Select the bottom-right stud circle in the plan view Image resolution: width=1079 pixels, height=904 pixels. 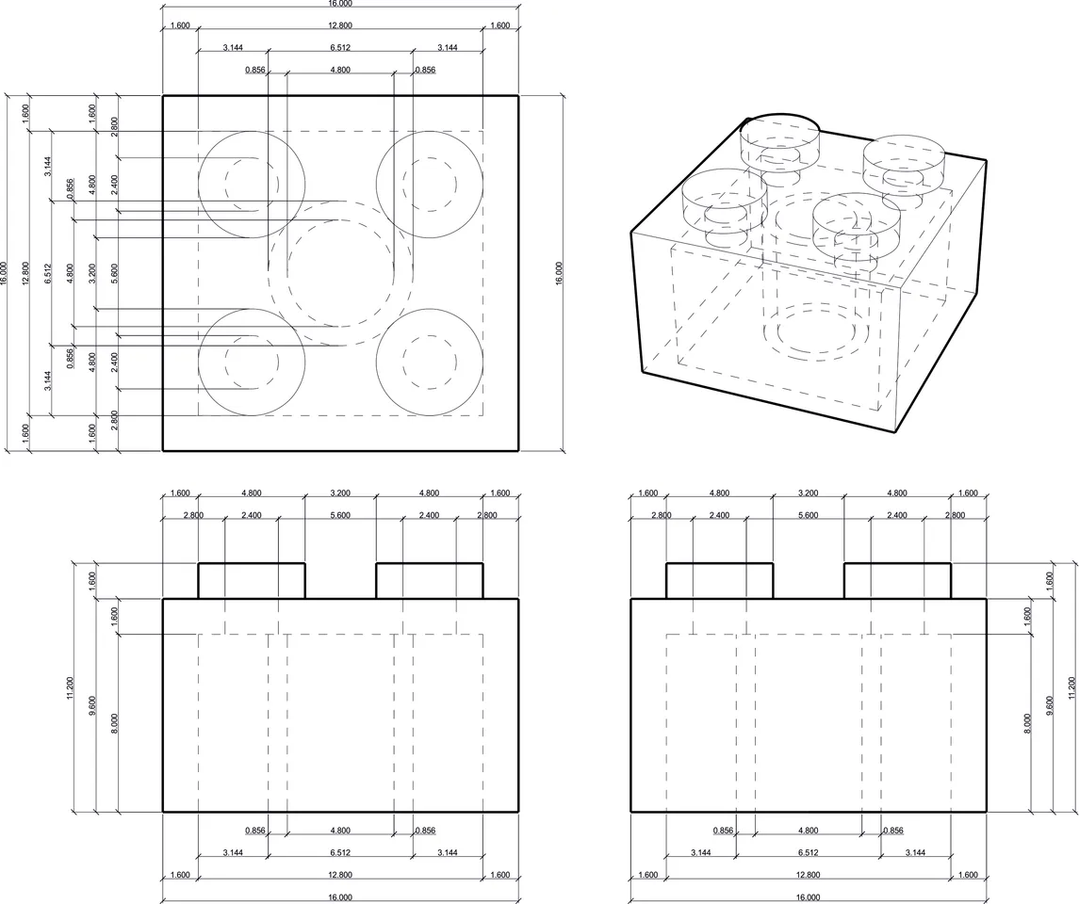click(430, 362)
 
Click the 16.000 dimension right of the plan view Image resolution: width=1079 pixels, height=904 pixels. click(558, 273)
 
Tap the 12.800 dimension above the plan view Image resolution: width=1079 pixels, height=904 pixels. click(340, 25)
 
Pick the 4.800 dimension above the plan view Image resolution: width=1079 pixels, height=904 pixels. click(340, 70)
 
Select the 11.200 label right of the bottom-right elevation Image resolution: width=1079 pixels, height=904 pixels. click(1071, 694)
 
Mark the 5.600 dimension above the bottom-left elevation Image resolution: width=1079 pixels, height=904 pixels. click(340, 515)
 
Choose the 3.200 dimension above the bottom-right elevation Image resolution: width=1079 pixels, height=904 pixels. click(809, 492)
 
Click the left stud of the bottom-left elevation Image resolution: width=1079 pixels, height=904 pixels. click(252, 580)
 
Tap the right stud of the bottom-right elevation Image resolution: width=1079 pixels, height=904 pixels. click(897, 580)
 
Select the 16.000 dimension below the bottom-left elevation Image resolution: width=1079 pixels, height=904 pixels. click(340, 897)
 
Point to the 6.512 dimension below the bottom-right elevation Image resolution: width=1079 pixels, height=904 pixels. click(809, 852)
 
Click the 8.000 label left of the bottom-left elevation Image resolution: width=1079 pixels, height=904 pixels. click(115, 722)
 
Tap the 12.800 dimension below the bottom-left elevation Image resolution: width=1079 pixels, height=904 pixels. click(340, 875)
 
